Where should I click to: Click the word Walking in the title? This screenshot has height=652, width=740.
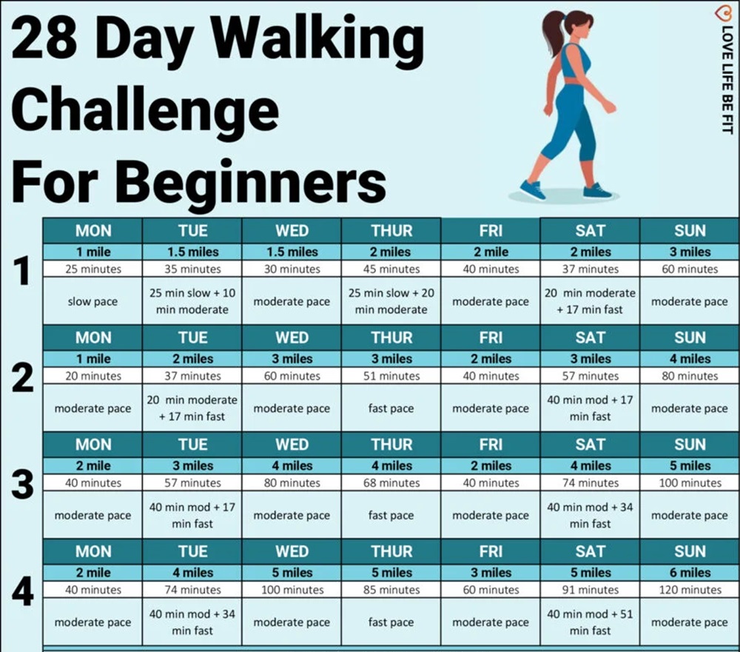(317, 41)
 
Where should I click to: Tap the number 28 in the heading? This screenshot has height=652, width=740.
(44, 38)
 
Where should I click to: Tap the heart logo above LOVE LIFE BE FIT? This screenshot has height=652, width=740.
(722, 14)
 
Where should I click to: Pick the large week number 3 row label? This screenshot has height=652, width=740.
(23, 485)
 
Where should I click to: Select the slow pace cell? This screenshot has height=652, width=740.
(92, 301)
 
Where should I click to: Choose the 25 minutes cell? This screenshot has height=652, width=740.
(92, 269)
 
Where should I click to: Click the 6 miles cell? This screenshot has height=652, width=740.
(690, 573)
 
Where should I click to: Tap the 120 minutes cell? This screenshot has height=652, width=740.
(690, 590)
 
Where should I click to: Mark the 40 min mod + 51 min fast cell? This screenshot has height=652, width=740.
(590, 622)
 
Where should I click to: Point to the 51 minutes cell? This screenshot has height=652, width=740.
(391, 376)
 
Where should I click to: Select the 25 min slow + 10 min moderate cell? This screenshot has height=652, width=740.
(192, 301)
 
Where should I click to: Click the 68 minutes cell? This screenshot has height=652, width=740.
(391, 483)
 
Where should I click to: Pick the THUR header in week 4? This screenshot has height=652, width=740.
(391, 551)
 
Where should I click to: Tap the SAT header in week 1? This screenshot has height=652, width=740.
(590, 231)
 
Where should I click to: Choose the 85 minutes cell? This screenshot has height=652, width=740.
(391, 590)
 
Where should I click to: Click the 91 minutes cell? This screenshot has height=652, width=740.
(590, 590)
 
